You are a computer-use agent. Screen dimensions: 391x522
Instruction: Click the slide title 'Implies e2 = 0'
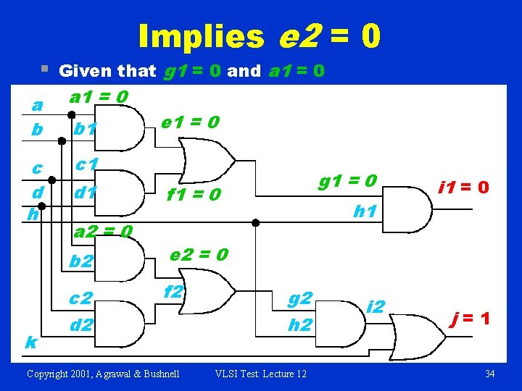(259, 35)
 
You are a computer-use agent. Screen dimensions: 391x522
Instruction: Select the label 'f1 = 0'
(193, 195)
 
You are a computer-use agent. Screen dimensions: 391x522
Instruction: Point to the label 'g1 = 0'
(347, 180)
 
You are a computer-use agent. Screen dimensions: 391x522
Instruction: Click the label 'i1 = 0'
(464, 188)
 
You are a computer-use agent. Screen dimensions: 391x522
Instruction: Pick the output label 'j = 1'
(471, 319)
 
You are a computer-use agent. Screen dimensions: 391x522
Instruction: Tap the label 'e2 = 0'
(199, 254)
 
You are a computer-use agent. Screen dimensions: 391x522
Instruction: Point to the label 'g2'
(300, 298)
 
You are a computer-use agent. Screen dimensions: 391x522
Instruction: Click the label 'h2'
(300, 325)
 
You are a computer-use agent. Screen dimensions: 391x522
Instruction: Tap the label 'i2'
(376, 306)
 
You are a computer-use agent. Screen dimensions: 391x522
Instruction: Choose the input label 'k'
(31, 341)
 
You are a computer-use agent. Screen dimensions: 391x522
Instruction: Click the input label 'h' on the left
(31, 214)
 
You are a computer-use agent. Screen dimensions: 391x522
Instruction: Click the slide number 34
(489, 374)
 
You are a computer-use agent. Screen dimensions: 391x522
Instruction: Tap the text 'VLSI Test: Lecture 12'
(261, 374)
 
